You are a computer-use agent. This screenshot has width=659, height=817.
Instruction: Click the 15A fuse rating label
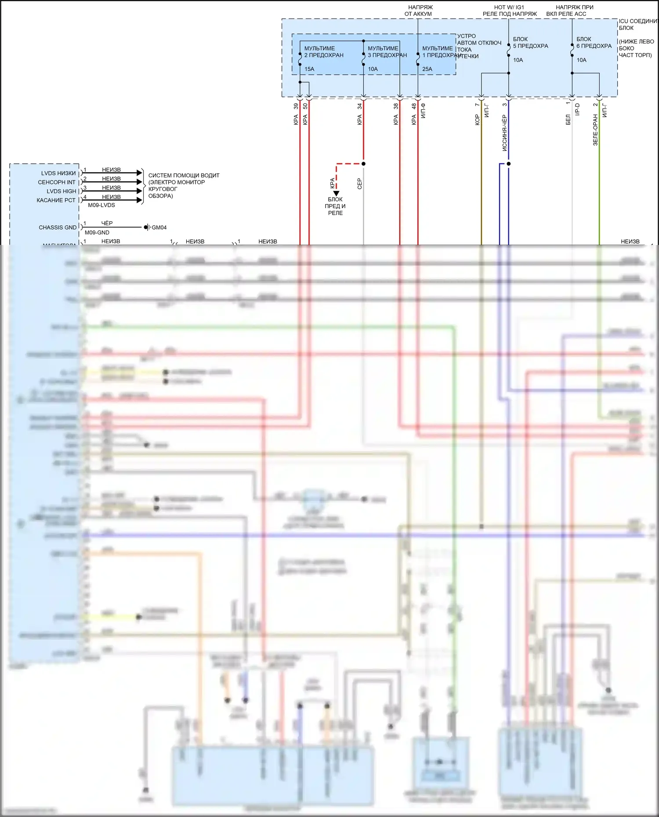309,69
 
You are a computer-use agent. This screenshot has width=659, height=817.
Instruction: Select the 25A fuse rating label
427,69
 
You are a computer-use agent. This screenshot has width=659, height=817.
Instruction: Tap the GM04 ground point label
159,227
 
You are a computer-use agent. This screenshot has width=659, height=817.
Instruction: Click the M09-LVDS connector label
101,205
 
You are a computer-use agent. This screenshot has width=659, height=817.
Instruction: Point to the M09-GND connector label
97,233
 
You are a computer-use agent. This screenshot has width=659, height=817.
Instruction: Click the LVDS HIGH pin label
62,191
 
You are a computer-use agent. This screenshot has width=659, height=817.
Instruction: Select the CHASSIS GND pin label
58,227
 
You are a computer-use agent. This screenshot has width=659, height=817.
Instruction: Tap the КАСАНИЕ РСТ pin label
56,200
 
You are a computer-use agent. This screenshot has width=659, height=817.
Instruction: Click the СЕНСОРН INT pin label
57,182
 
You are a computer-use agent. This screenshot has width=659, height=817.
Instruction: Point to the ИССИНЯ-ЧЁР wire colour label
504,133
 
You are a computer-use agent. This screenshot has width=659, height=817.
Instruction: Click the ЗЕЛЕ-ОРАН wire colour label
595,130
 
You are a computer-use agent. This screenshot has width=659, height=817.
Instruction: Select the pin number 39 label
296,106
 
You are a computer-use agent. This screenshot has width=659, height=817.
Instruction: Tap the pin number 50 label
305,106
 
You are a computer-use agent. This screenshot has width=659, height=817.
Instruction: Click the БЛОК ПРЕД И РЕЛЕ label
335,206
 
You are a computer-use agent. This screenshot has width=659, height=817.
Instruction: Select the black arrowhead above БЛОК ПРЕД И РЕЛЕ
336,193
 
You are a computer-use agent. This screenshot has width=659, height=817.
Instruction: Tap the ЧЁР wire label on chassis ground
107,223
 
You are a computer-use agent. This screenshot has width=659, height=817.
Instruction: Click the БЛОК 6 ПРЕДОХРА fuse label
594,43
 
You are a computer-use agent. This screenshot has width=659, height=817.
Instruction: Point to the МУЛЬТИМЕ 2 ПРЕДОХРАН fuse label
324,52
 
